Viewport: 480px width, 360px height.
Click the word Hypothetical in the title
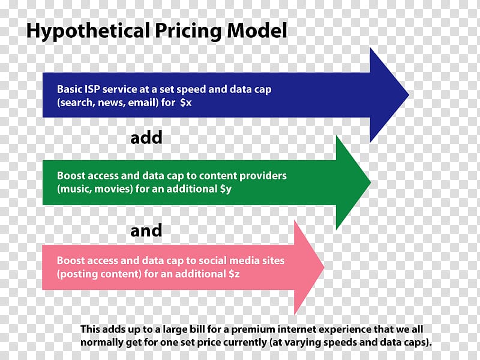pyautogui.click(x=88, y=31)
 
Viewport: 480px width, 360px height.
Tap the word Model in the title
pyautogui.click(x=257, y=31)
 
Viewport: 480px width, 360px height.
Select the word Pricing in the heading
pyautogui.click(x=188, y=31)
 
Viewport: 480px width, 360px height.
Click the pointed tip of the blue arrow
pyautogui.click(x=409, y=95)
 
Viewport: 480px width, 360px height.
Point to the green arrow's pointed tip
pyautogui.click(x=371, y=183)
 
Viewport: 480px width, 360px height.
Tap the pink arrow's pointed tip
pyautogui.click(x=324, y=267)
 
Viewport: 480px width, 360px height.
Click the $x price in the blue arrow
pyautogui.click(x=186, y=102)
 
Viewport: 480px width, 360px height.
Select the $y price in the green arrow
pyautogui.click(x=226, y=189)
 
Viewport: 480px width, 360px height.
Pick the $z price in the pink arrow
pyautogui.click(x=234, y=274)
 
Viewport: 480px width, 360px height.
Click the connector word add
pyautogui.click(x=146, y=138)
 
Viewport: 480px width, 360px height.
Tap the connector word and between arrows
pyautogui.click(x=146, y=230)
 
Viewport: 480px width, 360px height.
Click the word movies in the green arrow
pyautogui.click(x=113, y=189)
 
